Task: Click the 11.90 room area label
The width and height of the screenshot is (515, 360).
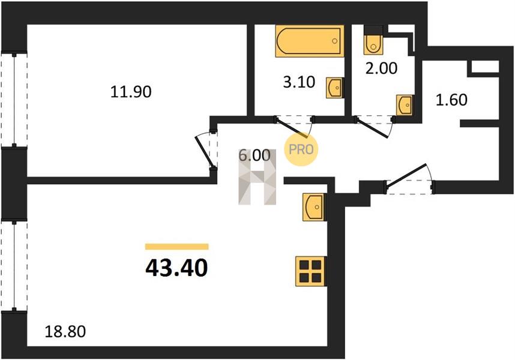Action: click(131, 92)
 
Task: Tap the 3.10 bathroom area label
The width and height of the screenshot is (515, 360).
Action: click(299, 82)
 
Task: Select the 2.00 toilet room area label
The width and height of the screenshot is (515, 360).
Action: click(381, 68)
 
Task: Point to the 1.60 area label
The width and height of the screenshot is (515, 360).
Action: click(451, 100)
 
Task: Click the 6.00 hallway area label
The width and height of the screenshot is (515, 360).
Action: click(254, 155)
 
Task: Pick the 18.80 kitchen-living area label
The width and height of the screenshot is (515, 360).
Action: click(65, 331)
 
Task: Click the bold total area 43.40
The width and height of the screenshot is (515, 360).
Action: click(176, 268)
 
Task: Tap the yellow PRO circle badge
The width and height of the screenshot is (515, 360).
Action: click(301, 149)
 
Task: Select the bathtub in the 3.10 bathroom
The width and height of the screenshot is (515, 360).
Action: click(310, 41)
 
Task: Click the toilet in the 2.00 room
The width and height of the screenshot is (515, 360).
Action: click(373, 40)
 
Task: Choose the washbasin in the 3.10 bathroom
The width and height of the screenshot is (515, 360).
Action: click(335, 88)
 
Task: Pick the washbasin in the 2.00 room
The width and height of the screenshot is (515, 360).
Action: click(405, 105)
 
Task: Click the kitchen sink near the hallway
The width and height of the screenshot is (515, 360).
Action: click(314, 207)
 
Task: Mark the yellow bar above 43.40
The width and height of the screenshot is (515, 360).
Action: click(176, 247)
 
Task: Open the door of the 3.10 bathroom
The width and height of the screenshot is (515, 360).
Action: click(293, 127)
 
